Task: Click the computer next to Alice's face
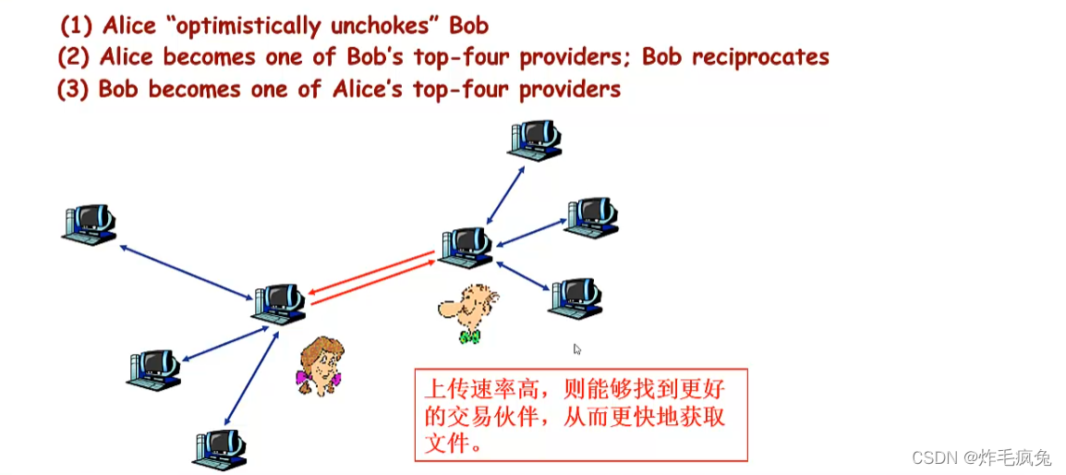pyautogui.click(x=279, y=304)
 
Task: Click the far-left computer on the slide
pyautogui.click(x=90, y=225)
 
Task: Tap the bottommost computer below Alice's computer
pyautogui.click(x=220, y=448)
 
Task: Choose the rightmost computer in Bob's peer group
pyautogui.click(x=590, y=216)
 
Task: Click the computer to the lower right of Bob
pyautogui.click(x=575, y=298)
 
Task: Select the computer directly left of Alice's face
pyautogui.click(x=153, y=369)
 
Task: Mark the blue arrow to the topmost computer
pyautogui.click(x=505, y=194)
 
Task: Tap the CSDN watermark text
pyautogui.click(x=981, y=457)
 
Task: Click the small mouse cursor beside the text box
pyautogui.click(x=577, y=349)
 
